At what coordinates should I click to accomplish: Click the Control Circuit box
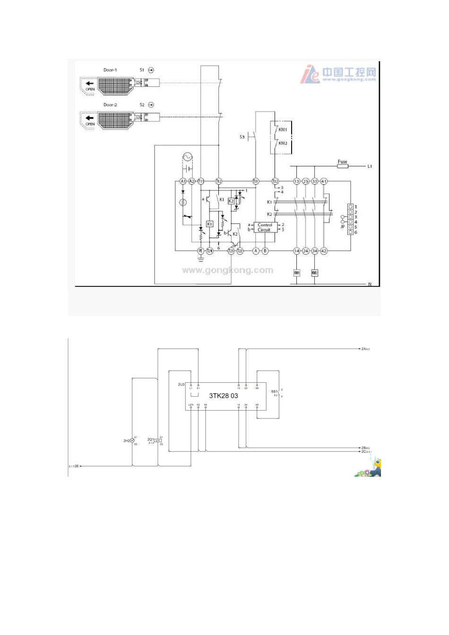click(x=265, y=227)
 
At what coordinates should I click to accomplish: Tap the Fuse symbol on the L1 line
click(x=342, y=166)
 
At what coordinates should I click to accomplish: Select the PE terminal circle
click(x=200, y=251)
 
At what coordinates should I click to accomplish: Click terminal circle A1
click(x=183, y=181)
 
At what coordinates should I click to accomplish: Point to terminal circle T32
click(x=275, y=181)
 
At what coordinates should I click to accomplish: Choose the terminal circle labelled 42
click(x=324, y=251)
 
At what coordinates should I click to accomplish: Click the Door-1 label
click(x=110, y=70)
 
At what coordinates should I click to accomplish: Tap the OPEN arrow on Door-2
click(x=90, y=118)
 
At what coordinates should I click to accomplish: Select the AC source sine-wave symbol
click(x=186, y=157)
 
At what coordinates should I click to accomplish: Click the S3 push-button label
click(x=242, y=137)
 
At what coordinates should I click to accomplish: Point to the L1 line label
click(x=370, y=166)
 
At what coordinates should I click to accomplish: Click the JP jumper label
click(x=343, y=227)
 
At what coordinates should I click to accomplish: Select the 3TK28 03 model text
click(x=224, y=396)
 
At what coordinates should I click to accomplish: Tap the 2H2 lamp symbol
click(x=132, y=441)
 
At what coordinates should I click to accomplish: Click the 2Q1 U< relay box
click(x=158, y=440)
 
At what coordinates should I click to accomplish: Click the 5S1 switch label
click(x=274, y=391)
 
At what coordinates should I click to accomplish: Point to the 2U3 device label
click(x=181, y=385)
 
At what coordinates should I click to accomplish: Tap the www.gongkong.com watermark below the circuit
click(x=227, y=270)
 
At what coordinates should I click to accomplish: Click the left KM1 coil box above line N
click(x=297, y=273)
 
